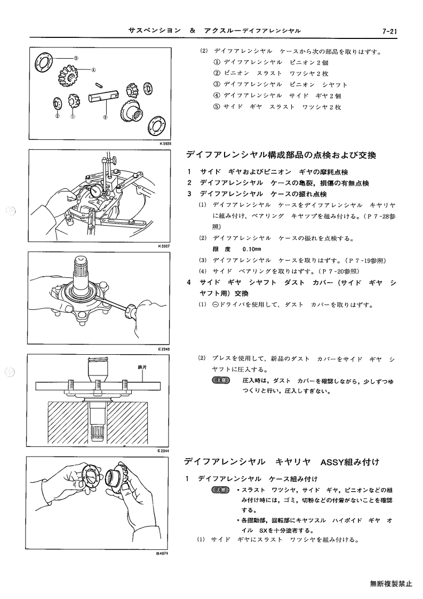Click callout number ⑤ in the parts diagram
[76, 58]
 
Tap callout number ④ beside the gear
[93, 70]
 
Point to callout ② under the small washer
[57, 117]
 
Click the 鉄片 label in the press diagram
[142, 368]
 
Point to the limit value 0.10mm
[252, 250]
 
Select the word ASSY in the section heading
[332, 462]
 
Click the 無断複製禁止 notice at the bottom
[391, 584]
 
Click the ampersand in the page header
[192, 31]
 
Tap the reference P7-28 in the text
[377, 216]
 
